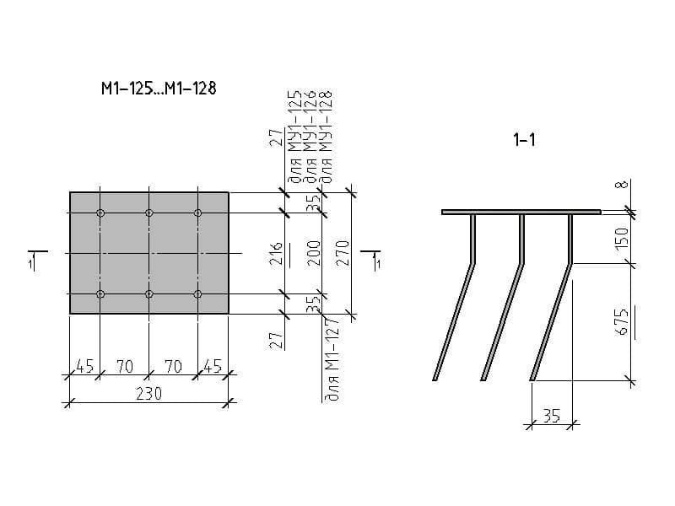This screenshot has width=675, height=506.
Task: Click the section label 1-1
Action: [524, 141]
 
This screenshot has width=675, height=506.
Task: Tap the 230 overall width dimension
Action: [148, 392]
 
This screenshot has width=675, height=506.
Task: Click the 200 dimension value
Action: [313, 253]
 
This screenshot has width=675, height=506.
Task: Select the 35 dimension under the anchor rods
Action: [552, 414]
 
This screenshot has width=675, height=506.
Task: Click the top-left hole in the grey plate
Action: [100, 213]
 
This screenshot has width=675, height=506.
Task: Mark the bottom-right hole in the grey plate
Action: [198, 293]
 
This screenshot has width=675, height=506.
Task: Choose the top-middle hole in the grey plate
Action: [149, 213]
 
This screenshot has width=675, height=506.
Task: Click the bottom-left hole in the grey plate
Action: [100, 293]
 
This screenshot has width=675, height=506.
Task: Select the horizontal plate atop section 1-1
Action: [521, 211]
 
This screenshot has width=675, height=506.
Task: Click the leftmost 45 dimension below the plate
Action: [84, 366]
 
